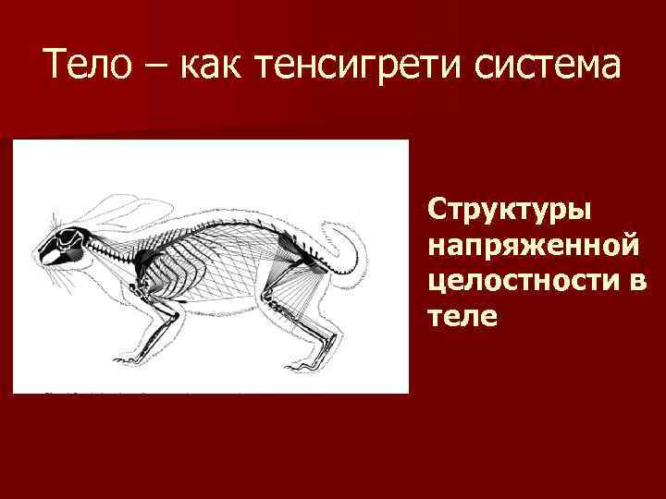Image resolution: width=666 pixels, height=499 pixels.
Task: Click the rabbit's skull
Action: [x=65, y=246]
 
